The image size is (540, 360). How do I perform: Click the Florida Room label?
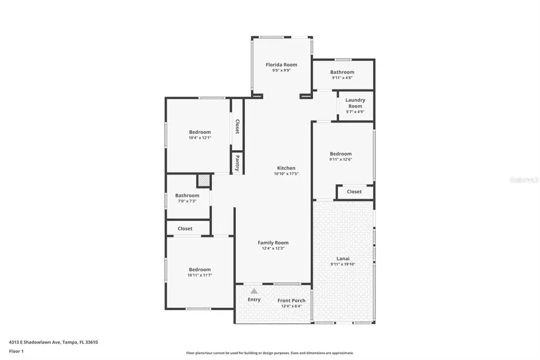coord(281,65)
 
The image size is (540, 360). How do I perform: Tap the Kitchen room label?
coord(286,168)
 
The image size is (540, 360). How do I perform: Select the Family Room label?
coord(273,243)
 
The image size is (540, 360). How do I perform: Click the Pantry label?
coord(237,164)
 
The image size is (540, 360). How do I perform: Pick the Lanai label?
coord(343,259)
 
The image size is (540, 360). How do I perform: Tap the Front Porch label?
coord(291,301)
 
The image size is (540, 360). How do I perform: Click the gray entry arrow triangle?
coord(254,291)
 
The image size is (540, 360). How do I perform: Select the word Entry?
coord(254,299)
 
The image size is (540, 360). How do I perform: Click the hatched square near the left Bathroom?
coord(204,181)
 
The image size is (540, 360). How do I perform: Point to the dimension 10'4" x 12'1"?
coord(200,138)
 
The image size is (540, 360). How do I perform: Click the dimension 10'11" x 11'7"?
coord(200,275)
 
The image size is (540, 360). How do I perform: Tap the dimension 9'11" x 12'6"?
coord(340,160)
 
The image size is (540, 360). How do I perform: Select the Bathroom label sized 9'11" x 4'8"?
coord(342,73)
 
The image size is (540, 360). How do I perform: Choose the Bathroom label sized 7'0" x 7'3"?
coord(187,196)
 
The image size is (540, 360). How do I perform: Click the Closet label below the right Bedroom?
coord(354,192)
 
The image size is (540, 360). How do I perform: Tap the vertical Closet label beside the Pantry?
coord(237,127)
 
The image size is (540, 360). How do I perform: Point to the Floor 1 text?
coord(17,353)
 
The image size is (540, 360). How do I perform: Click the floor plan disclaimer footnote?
coord(270,353)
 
